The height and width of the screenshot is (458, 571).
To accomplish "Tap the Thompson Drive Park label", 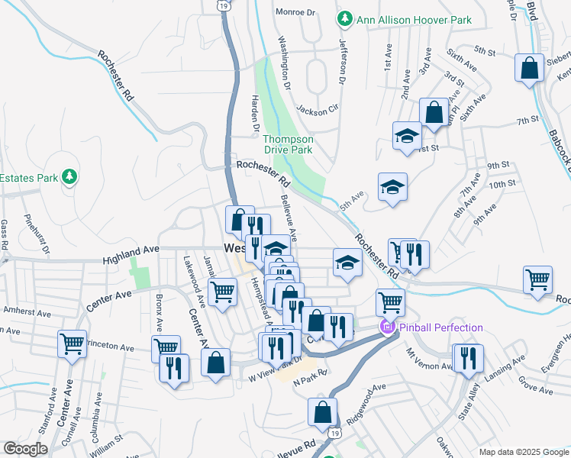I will click(x=288, y=144).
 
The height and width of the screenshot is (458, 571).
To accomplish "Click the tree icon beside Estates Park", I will click(x=70, y=178).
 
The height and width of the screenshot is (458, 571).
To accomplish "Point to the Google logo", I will click(x=26, y=449).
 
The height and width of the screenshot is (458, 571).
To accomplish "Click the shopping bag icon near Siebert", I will click(x=528, y=68).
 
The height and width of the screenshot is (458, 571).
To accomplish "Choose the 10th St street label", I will click(x=502, y=184).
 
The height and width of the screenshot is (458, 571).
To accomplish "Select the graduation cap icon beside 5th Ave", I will click(x=392, y=187).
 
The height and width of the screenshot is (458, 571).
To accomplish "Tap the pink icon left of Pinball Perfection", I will click(x=387, y=328).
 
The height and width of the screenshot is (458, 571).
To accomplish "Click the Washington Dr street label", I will click(x=285, y=61).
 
